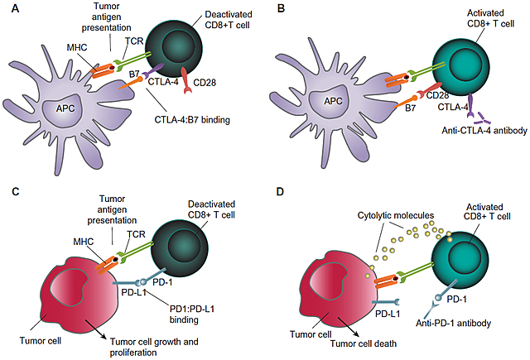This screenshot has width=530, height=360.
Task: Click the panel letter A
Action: click(9, 11)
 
